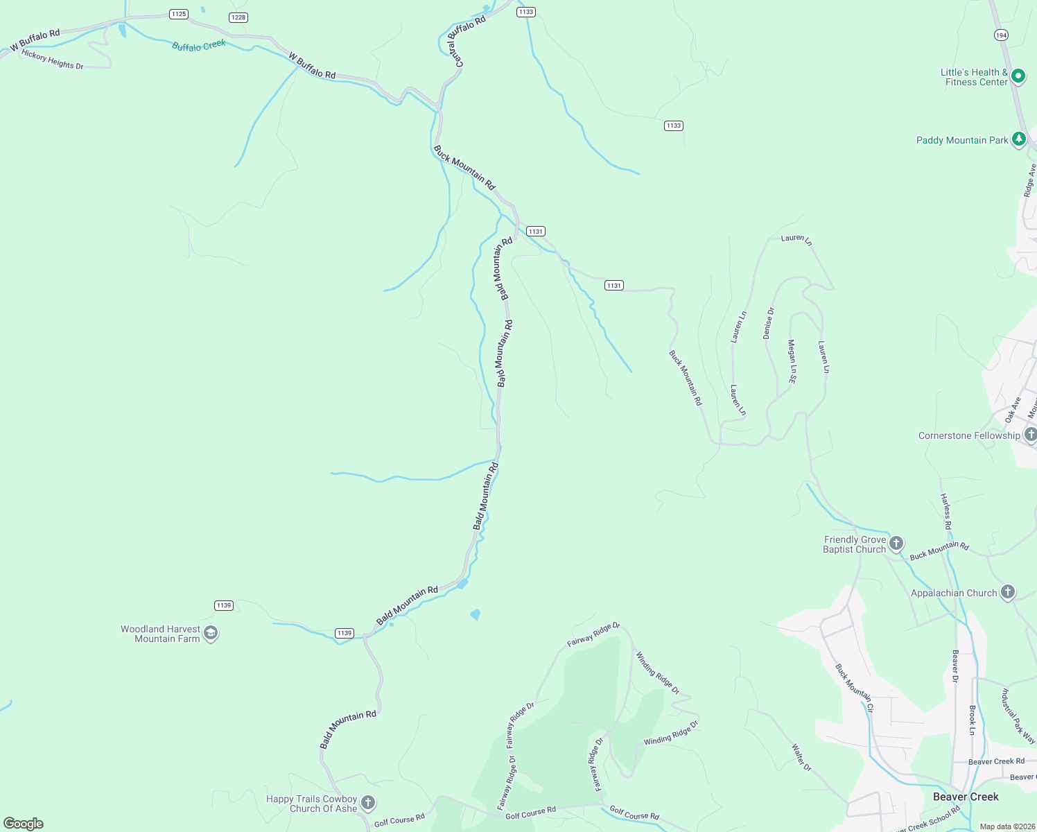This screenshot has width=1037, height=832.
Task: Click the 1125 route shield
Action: tap(179, 14)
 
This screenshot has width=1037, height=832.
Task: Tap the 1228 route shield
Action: tap(238, 17)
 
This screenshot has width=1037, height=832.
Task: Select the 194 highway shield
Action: tap(1000, 35)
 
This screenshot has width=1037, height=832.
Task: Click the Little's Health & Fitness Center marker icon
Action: tap(1018, 76)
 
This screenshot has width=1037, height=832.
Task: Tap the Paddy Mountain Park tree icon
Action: tap(1018, 139)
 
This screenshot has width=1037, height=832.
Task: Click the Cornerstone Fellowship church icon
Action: tap(1030, 435)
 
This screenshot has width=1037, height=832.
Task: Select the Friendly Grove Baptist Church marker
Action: tap(896, 544)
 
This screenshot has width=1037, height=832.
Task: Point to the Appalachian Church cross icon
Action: tap(1008, 592)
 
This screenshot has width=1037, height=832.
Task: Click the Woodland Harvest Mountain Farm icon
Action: tap(211, 633)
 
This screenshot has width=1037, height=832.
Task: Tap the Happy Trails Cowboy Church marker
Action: tap(368, 803)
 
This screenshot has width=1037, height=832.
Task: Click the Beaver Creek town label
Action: tap(966, 797)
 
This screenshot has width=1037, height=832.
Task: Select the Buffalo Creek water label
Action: tap(199, 46)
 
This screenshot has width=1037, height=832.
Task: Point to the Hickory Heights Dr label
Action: tap(52, 59)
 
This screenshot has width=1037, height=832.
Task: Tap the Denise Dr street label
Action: tap(769, 323)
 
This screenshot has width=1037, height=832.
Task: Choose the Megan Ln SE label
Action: tap(792, 361)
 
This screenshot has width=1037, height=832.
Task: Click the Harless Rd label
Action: tap(946, 512)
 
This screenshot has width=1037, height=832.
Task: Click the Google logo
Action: tap(24, 823)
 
